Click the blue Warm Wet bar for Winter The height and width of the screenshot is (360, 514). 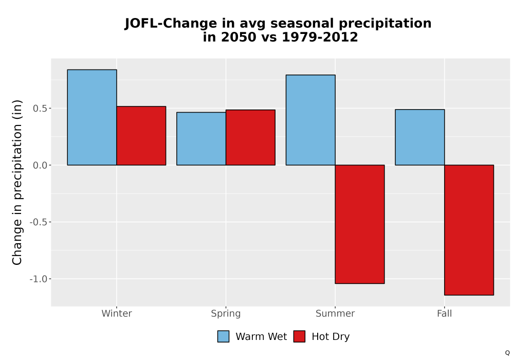92,117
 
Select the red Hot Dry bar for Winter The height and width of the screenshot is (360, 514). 141,136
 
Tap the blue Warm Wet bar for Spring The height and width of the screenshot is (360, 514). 201,139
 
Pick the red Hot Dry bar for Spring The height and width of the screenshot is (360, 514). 250,137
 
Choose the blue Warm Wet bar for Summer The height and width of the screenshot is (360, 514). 310,120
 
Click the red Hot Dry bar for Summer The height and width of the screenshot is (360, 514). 360,224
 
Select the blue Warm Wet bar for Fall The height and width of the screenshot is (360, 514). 420,137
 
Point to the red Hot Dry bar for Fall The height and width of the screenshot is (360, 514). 469,230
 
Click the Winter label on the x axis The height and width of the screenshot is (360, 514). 117,313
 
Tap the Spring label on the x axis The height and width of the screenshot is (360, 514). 226,314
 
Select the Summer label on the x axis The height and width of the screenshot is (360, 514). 335,313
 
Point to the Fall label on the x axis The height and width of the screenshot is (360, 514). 445,313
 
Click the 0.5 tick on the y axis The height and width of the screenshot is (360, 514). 40,109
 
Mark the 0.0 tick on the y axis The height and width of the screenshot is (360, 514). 40,165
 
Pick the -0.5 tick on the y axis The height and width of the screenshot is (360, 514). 39,222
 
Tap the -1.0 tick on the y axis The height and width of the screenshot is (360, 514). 39,279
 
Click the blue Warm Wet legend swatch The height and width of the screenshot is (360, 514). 223,336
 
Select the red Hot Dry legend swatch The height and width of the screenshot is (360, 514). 299,336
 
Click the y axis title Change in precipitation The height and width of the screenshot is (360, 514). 17,182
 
